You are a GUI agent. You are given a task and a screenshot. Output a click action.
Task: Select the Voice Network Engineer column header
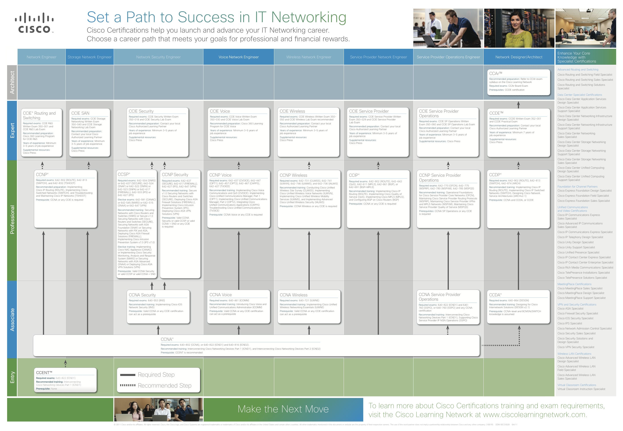pyautogui.click(x=238, y=57)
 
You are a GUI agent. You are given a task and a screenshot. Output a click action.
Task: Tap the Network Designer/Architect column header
pyautogui.click(x=519, y=57)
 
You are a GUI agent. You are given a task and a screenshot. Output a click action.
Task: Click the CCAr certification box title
pyautogui.click(x=495, y=73)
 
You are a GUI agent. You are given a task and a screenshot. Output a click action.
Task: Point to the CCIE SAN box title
pyautogui.click(x=80, y=113)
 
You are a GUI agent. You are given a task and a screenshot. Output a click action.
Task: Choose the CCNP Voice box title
pyautogui.click(x=220, y=175)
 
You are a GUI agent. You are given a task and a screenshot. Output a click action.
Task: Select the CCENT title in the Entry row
pyautogui.click(x=44, y=372)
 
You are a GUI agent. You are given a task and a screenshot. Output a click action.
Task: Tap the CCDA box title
pyautogui.click(x=495, y=295)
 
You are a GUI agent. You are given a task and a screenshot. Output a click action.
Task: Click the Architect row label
pyautogui.click(x=12, y=82)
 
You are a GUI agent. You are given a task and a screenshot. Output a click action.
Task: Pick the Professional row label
pyautogui.click(x=12, y=219)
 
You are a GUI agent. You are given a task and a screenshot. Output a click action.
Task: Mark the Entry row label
pyautogui.click(x=12, y=377)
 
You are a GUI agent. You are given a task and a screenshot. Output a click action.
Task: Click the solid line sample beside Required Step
pyautogui.click(x=128, y=375)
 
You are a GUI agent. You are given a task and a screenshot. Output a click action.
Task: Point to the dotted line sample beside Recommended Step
pyautogui.click(x=128, y=385)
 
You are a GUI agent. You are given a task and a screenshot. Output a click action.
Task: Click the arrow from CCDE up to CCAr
pyautogui.click(x=518, y=104)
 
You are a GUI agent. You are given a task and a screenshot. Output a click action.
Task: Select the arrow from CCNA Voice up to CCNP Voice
pyautogui.click(x=239, y=259)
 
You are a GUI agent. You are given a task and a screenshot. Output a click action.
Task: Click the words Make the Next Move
pyautogui.click(x=283, y=409)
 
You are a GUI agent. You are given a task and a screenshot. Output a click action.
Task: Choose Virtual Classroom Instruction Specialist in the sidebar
pyautogui.click(x=581, y=389)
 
